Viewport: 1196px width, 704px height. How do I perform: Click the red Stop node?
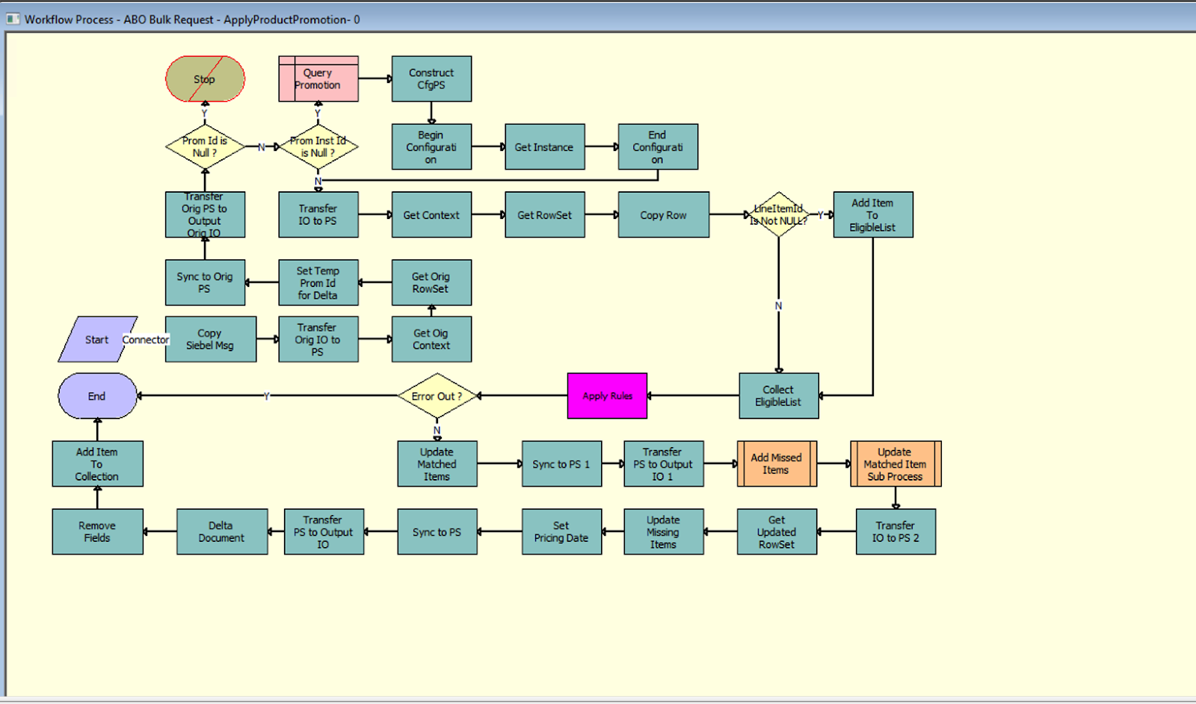click(x=205, y=78)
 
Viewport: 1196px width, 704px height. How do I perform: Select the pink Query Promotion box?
click(x=318, y=78)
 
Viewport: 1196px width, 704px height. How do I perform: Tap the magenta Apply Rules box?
click(x=607, y=396)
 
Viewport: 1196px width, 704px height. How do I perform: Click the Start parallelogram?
click(x=96, y=339)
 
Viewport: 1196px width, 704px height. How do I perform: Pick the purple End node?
click(x=97, y=396)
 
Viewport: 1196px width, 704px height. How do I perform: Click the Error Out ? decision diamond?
click(x=437, y=396)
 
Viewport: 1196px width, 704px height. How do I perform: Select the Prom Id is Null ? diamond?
click(x=205, y=146)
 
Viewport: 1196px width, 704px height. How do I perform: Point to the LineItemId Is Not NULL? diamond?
click(x=779, y=214)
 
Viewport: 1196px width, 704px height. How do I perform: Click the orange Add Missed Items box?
click(x=777, y=464)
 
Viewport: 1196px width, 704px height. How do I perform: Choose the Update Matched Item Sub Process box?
click(x=896, y=464)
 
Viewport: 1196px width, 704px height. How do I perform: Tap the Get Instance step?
click(x=544, y=147)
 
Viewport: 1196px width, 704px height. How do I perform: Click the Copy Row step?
click(x=663, y=215)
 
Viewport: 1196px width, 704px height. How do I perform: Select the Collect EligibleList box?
click(x=778, y=396)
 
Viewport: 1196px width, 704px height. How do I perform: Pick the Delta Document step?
click(x=221, y=531)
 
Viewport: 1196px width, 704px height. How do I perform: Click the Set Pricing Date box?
click(x=561, y=531)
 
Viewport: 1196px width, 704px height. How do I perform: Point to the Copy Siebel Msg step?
click(x=210, y=339)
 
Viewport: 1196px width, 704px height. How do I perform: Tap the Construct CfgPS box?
click(x=431, y=78)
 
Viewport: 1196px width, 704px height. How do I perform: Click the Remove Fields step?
click(x=97, y=531)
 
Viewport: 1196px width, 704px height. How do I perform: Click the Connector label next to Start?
click(x=146, y=339)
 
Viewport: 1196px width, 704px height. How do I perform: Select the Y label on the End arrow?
click(x=267, y=396)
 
